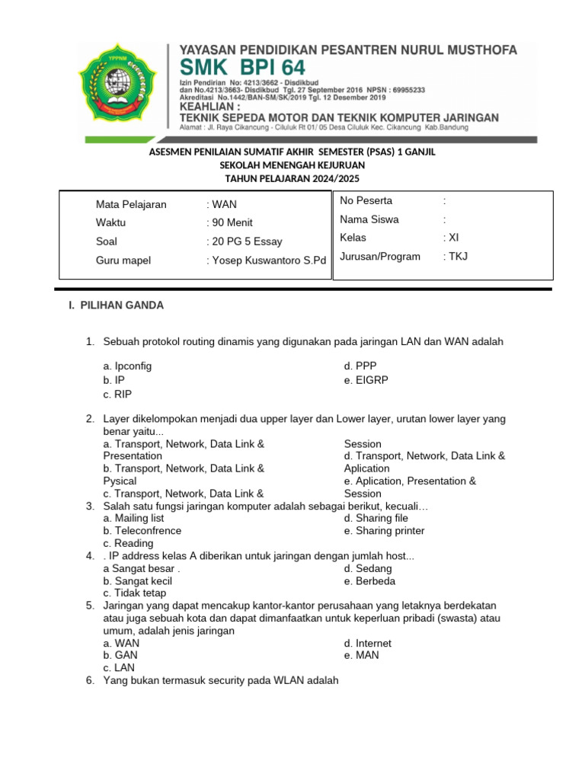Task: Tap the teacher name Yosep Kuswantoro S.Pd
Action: point(266,261)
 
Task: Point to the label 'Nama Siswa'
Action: point(369,219)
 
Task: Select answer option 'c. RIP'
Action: point(118,394)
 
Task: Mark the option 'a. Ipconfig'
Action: point(127,366)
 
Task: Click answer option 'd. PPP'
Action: point(360,366)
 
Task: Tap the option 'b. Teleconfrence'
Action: point(142,531)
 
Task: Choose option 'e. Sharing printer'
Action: point(384,531)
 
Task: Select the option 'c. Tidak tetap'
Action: point(135,593)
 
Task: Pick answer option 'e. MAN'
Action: point(361,656)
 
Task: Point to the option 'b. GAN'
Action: point(120,656)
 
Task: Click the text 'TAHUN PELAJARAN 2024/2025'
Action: point(292,178)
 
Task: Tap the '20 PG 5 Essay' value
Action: point(245,241)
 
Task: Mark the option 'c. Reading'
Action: point(128,544)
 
